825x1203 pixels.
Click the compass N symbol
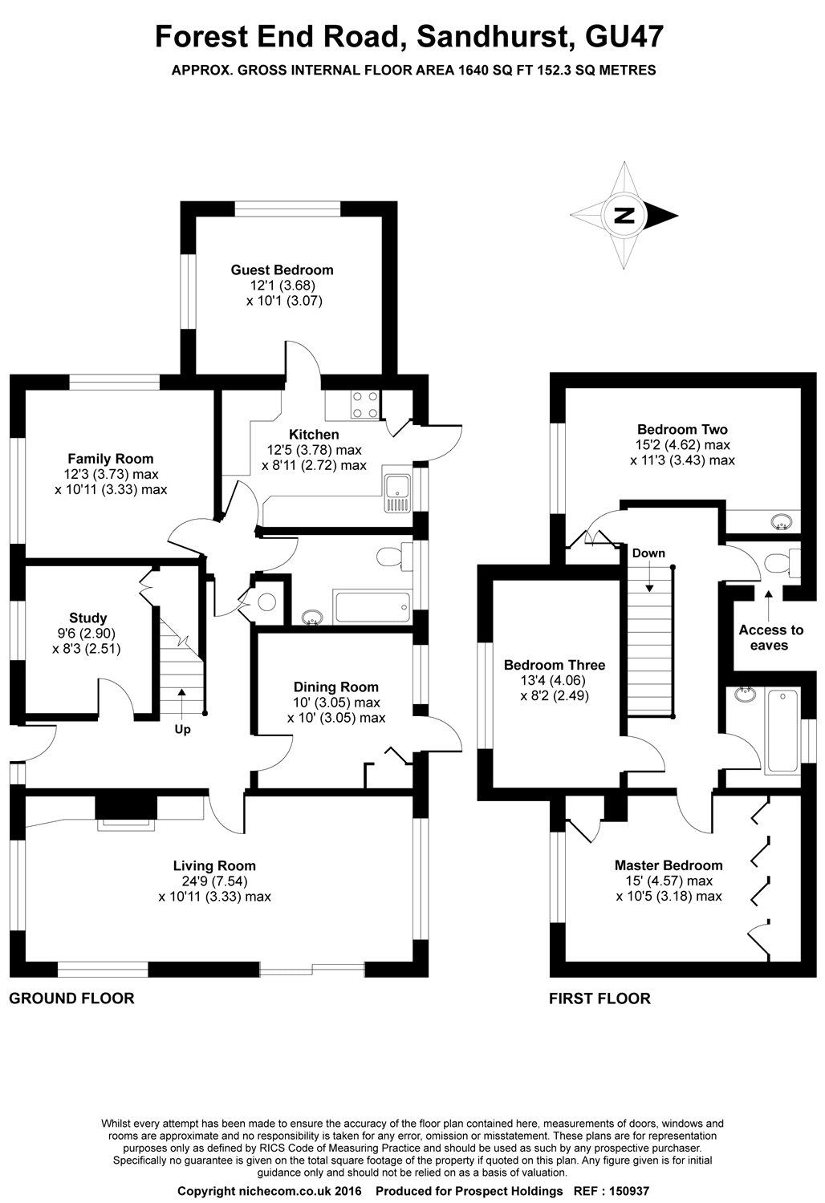[x=624, y=215]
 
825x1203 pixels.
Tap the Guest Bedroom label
[x=282, y=270]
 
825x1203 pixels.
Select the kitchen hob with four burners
[x=364, y=404]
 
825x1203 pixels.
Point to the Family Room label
[x=110, y=459]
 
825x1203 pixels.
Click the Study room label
[x=87, y=618]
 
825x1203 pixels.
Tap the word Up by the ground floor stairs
[x=182, y=730]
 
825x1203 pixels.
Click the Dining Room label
[x=335, y=687]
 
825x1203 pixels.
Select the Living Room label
[x=214, y=865]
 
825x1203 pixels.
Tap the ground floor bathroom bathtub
[x=372, y=607]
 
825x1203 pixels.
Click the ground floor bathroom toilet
[x=389, y=556]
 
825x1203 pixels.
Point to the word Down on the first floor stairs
[x=648, y=553]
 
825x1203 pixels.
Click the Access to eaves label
[x=770, y=638]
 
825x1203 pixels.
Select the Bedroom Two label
[x=682, y=429]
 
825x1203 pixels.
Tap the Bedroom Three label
[x=554, y=665]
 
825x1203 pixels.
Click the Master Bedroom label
[x=668, y=865]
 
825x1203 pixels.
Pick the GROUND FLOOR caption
[x=71, y=998]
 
